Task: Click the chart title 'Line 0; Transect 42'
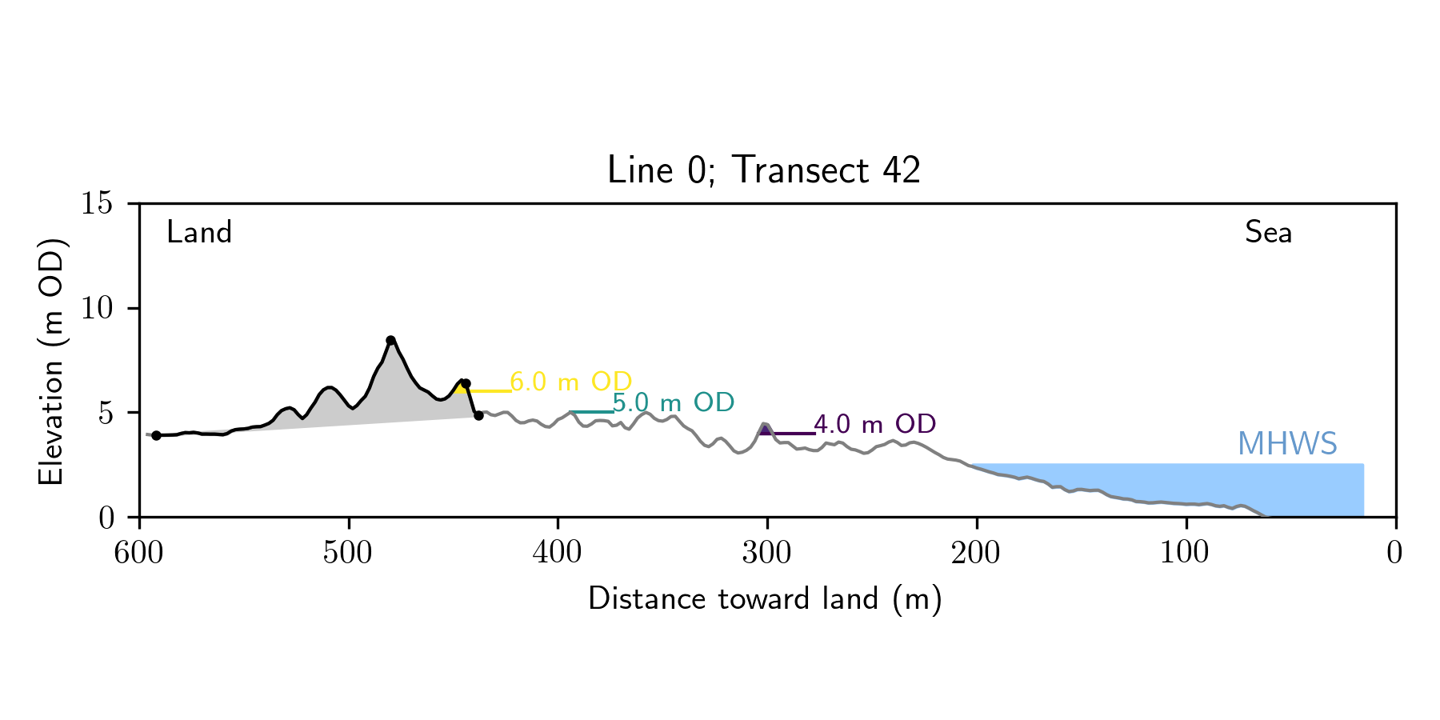[764, 170]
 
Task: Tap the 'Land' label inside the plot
[199, 233]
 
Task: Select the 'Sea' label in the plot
[1268, 233]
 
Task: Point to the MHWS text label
[1287, 444]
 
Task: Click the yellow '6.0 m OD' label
[571, 382]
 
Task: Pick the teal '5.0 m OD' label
[674, 403]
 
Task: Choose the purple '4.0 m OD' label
[874, 424]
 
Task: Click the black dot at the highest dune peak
[390, 340]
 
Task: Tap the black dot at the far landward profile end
[157, 435]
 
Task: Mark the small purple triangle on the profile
[766, 430]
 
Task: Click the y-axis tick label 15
[96, 203]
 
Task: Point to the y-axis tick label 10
[96, 308]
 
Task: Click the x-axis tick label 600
[139, 553]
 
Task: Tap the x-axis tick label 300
[767, 553]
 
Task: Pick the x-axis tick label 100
[1186, 553]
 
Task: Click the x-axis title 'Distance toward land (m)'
[765, 599]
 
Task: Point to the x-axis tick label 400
[558, 553]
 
